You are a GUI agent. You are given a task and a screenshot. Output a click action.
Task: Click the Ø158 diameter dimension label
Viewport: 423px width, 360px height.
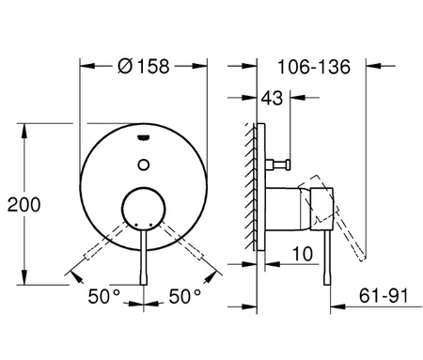tap(144, 67)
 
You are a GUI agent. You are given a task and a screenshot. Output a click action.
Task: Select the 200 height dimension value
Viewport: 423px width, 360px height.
tap(23, 205)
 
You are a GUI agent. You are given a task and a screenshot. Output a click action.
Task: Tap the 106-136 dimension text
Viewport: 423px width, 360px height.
tap(314, 67)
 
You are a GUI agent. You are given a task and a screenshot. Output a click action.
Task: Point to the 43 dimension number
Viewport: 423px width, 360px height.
tap(272, 98)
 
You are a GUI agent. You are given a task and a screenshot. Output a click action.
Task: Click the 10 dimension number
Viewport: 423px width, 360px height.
tap(303, 254)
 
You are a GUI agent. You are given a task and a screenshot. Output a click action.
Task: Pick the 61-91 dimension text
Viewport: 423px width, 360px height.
tap(384, 295)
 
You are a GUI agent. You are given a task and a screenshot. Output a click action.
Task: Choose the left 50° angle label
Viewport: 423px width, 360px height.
tap(103, 296)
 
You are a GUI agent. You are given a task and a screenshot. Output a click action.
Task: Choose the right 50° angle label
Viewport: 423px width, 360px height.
tap(185, 296)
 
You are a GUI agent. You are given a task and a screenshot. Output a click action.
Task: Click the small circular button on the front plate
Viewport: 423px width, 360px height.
tap(144, 164)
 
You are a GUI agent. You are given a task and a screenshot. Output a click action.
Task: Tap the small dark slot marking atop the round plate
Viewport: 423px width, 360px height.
tap(144, 137)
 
